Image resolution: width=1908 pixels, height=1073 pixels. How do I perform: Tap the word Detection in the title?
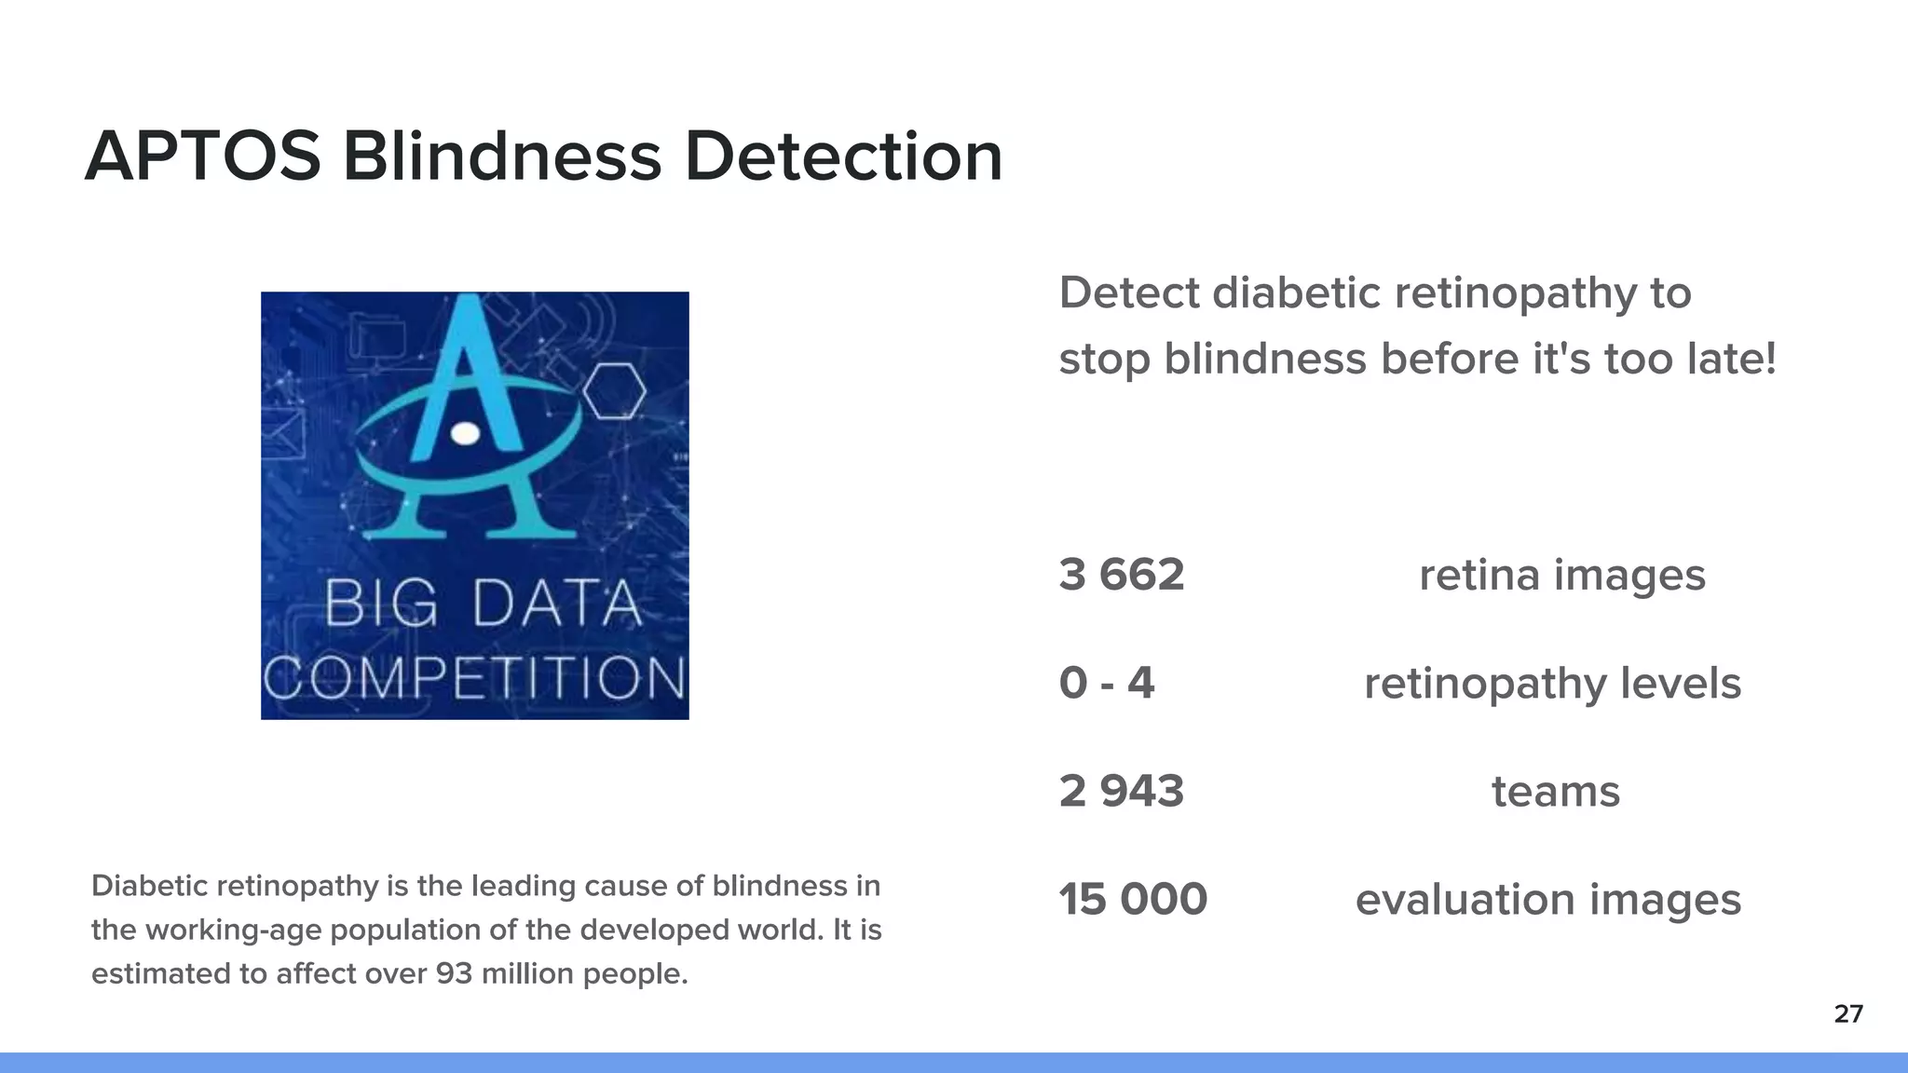pyautogui.click(x=843, y=156)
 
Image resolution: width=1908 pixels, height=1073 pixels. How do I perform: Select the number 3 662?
pyautogui.click(x=1122, y=575)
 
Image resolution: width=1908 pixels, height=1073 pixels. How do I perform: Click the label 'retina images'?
pyautogui.click(x=1562, y=575)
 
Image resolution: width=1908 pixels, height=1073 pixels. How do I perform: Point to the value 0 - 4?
pyautogui.click(x=1107, y=683)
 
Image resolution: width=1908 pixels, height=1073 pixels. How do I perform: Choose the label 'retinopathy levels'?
pyautogui.click(x=1552, y=683)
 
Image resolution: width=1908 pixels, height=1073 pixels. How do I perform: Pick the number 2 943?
pyautogui.click(x=1122, y=792)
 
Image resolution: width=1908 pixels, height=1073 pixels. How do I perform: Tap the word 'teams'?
pyautogui.click(x=1556, y=792)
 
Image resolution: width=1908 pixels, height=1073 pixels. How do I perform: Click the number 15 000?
pyautogui.click(x=1133, y=900)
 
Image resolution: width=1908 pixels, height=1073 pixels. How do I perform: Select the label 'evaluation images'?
pyautogui.click(x=1547, y=900)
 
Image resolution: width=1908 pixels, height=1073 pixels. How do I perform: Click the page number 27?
pyautogui.click(x=1848, y=1014)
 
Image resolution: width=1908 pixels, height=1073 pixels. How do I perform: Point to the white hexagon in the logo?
pyautogui.click(x=614, y=391)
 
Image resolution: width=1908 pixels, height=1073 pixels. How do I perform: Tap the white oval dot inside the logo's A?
pyautogui.click(x=465, y=433)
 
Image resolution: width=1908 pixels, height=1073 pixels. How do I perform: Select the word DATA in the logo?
pyautogui.click(x=557, y=604)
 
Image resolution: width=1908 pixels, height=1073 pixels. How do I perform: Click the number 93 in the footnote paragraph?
pyautogui.click(x=454, y=974)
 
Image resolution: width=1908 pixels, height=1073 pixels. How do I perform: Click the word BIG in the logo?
pyautogui.click(x=380, y=604)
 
